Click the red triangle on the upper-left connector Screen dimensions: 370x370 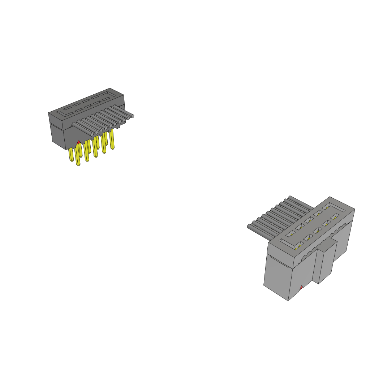coord(79,142)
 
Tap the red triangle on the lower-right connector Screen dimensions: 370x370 coord(301,288)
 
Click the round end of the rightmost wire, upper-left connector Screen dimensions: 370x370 coord(132,116)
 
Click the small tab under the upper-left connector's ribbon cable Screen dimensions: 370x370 coord(118,127)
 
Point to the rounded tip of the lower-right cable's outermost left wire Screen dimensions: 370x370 coord(249,227)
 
